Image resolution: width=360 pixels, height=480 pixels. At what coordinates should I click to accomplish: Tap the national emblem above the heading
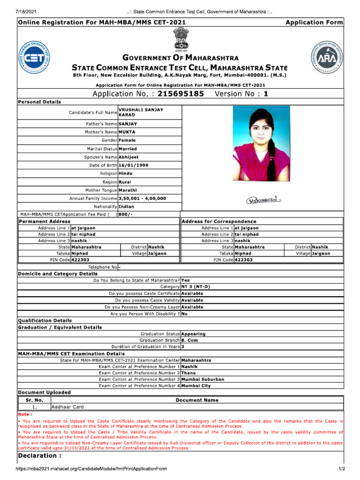tap(180, 40)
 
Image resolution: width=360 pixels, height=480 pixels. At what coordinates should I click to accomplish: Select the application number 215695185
tap(181, 94)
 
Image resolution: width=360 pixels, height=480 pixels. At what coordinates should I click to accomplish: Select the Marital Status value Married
tap(128, 149)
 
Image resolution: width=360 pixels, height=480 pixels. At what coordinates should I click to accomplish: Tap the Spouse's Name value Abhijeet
tap(129, 157)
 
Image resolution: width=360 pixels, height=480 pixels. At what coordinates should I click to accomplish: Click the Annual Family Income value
tap(142, 198)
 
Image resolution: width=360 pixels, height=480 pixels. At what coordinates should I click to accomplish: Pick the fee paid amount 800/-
tap(126, 214)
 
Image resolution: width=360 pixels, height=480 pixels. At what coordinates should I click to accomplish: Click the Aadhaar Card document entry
tap(67, 407)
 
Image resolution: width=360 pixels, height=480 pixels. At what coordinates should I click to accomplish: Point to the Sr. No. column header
tap(34, 400)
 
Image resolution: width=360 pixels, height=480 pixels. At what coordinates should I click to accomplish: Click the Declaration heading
tap(37, 456)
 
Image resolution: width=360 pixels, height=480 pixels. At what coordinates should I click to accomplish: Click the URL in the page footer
tap(91, 469)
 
